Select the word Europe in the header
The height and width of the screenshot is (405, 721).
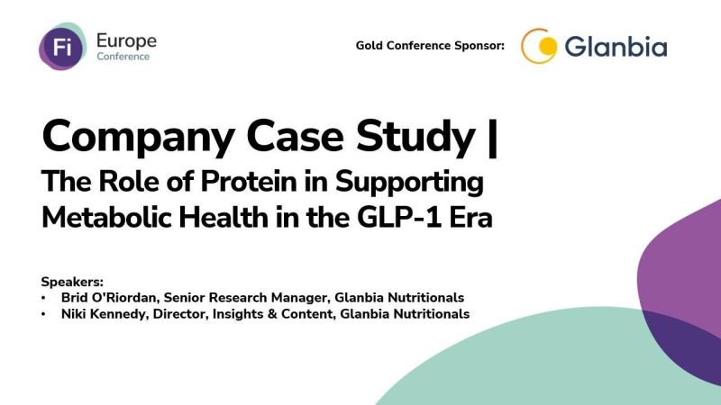125,40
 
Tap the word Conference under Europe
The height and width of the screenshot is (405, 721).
123,57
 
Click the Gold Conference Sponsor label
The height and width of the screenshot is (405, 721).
430,46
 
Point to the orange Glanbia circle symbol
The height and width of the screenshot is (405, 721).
539,46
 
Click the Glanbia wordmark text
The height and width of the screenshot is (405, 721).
616,46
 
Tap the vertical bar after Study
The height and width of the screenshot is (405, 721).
491,137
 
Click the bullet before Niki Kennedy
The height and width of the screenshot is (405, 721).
45,313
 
